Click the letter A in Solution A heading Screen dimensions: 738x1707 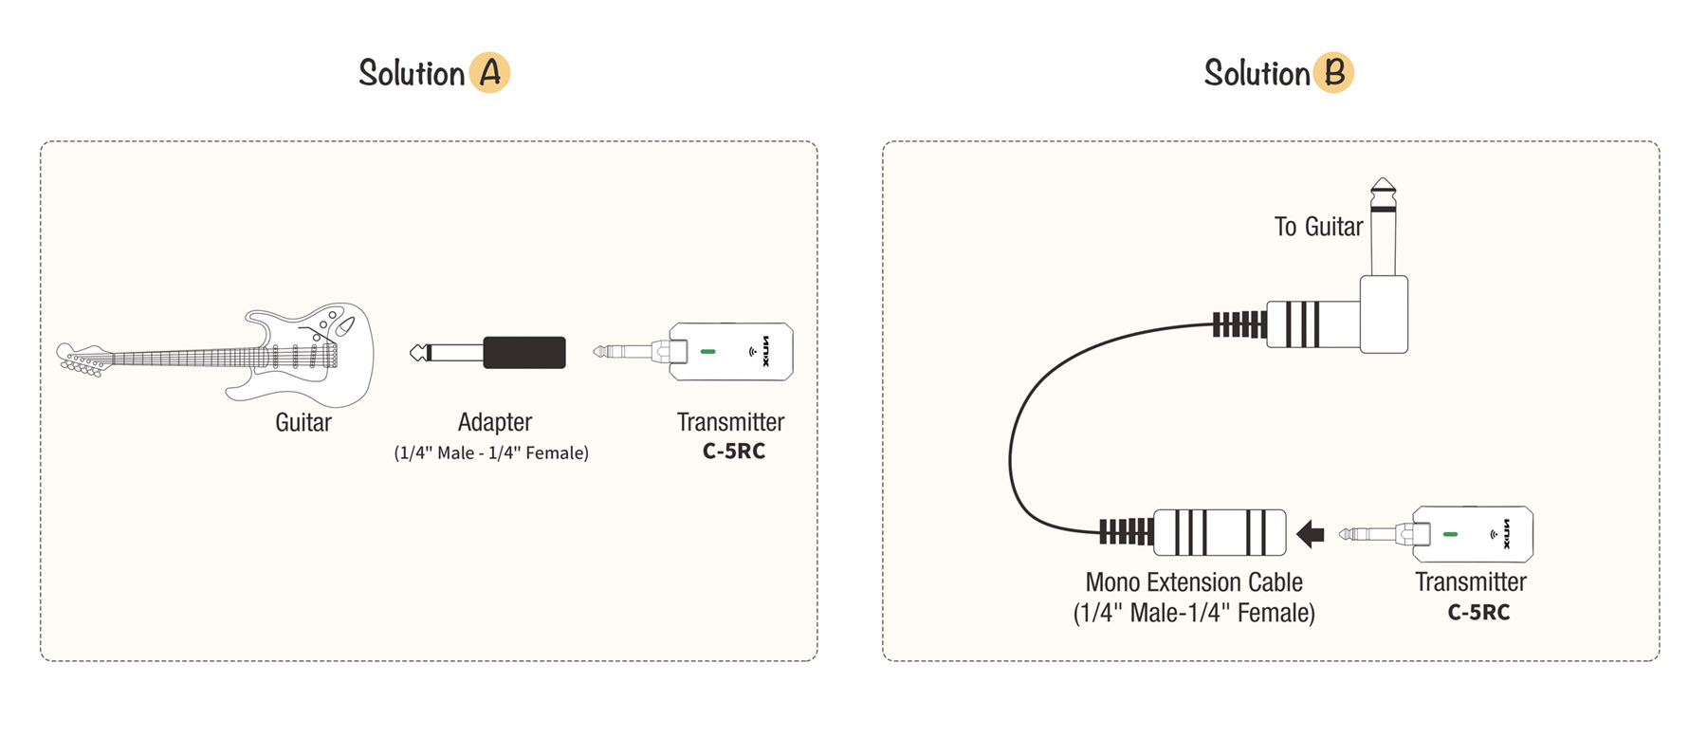click(489, 73)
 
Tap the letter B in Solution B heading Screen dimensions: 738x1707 click(1334, 73)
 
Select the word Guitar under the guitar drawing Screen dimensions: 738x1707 click(303, 423)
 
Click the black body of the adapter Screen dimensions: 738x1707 click(524, 353)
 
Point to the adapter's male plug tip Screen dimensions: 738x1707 click(417, 353)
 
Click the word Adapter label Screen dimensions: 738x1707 click(495, 422)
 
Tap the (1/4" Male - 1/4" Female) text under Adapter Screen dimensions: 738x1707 click(491, 453)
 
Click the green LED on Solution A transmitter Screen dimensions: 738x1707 click(707, 352)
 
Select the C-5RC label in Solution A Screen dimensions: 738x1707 click(733, 452)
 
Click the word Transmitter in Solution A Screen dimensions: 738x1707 click(730, 422)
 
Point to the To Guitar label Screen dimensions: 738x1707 click(1318, 227)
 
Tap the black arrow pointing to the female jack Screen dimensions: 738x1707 click(1311, 534)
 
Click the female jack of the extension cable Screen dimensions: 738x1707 click(1220, 532)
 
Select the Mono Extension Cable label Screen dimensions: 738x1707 click(1194, 582)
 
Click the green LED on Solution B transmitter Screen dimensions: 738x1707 click(1450, 535)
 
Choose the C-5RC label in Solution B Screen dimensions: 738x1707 click(1478, 613)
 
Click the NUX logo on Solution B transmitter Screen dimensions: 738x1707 click(1507, 534)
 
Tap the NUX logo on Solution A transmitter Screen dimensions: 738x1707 click(765, 351)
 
